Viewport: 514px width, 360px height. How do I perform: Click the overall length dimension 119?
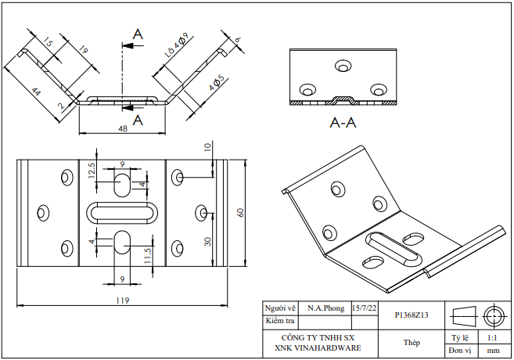point(122,300)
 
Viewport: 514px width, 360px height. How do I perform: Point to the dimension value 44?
point(34,92)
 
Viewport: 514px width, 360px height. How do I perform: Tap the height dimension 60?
point(241,212)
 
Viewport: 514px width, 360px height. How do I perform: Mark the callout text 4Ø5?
point(217,81)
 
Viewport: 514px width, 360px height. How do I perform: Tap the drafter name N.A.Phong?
point(325,309)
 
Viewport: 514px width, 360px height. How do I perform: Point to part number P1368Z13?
point(412,315)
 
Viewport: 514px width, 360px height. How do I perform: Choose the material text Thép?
point(412,342)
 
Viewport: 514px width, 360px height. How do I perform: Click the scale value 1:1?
point(493,337)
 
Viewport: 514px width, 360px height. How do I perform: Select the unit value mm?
point(493,351)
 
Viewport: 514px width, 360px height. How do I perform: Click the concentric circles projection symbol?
point(493,315)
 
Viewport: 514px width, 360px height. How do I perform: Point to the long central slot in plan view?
point(122,212)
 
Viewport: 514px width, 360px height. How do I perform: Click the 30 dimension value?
point(207,241)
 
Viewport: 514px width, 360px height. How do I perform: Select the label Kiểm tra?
point(280,321)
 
